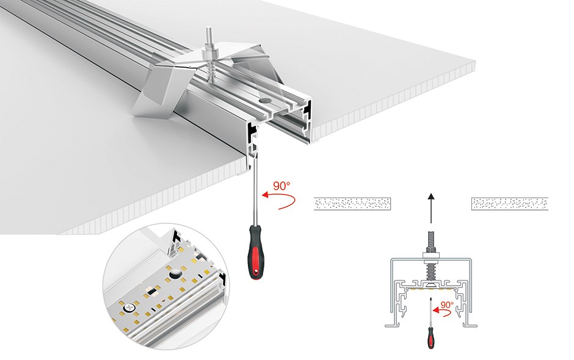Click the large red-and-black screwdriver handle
[x=256, y=251]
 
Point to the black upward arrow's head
[x=431, y=196]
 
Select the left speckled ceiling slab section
[x=352, y=203]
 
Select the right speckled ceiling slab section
[x=510, y=203]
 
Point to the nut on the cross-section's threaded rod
[x=431, y=250]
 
